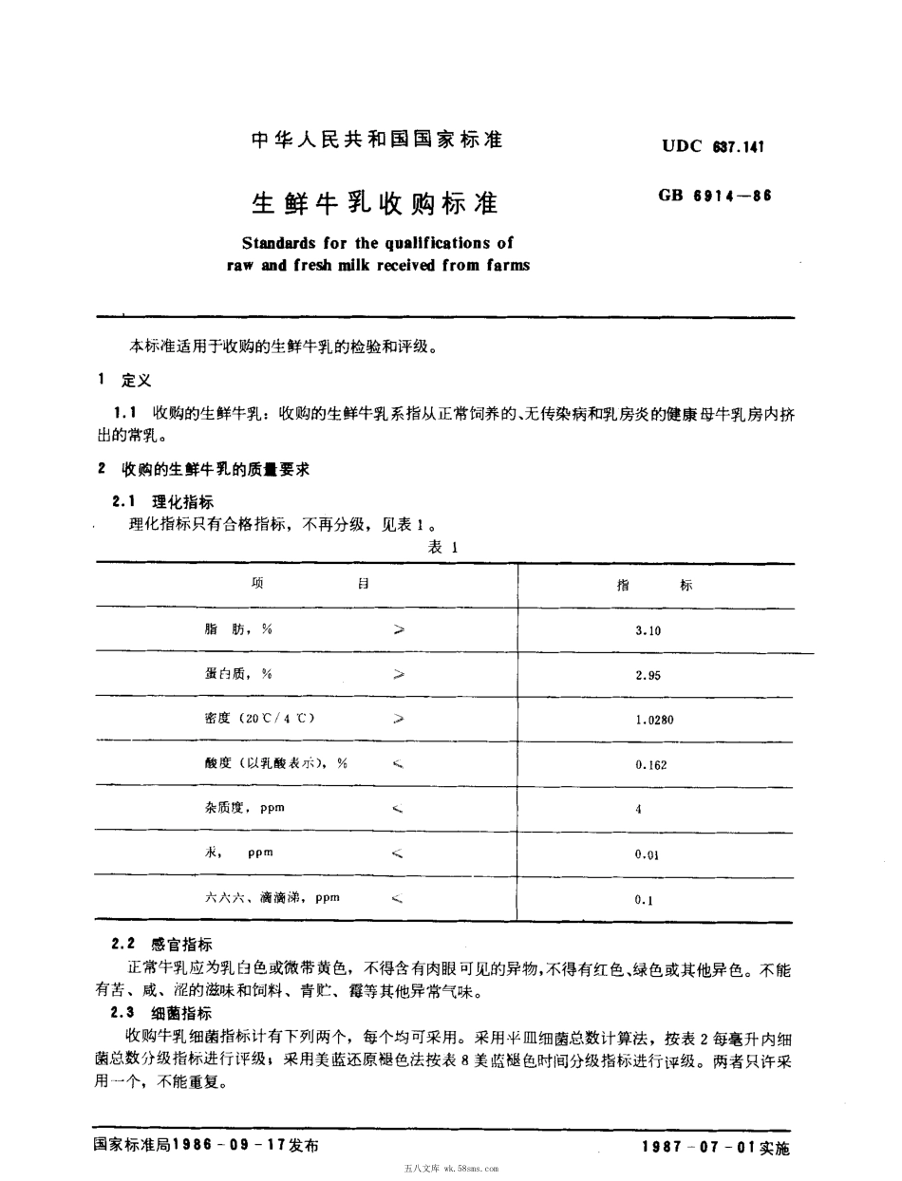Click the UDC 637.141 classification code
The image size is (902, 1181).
(713, 146)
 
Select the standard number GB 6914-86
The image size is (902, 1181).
(713, 197)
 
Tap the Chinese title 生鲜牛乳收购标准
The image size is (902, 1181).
(375, 203)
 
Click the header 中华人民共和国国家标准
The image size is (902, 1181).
(376, 141)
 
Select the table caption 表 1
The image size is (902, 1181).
(443, 548)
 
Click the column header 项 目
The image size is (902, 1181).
(310, 585)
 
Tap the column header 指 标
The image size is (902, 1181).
(655, 586)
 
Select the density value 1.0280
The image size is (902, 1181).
(654, 720)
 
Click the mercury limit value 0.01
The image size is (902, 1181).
(648, 854)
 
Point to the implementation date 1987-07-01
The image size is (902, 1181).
(699, 1147)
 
